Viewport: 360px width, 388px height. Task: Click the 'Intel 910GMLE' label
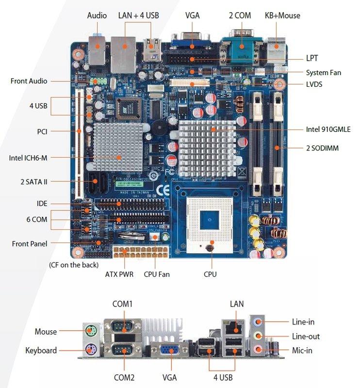(x=328, y=129)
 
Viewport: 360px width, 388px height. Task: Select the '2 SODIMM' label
(x=322, y=148)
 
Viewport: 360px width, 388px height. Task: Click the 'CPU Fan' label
(x=157, y=274)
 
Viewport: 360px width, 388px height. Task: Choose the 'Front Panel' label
(x=30, y=243)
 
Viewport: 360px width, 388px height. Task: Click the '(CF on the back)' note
(x=73, y=265)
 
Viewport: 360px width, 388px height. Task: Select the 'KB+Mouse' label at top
(x=282, y=16)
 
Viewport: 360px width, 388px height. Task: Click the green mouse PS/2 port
(x=90, y=332)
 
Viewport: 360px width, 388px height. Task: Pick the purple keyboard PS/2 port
(x=90, y=350)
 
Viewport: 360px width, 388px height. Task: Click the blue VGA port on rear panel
(x=169, y=351)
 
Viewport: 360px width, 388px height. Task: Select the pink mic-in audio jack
(x=258, y=349)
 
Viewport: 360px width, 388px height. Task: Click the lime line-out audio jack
(x=258, y=336)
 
